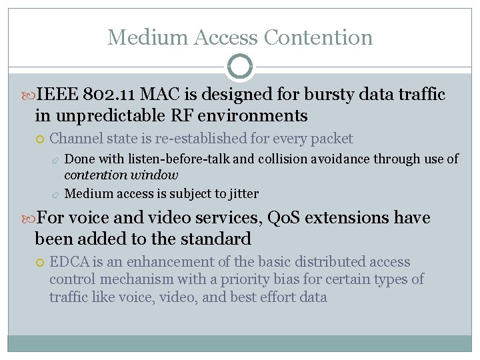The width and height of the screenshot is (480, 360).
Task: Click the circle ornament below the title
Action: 240,67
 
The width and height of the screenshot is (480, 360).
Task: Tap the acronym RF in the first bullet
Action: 178,115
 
